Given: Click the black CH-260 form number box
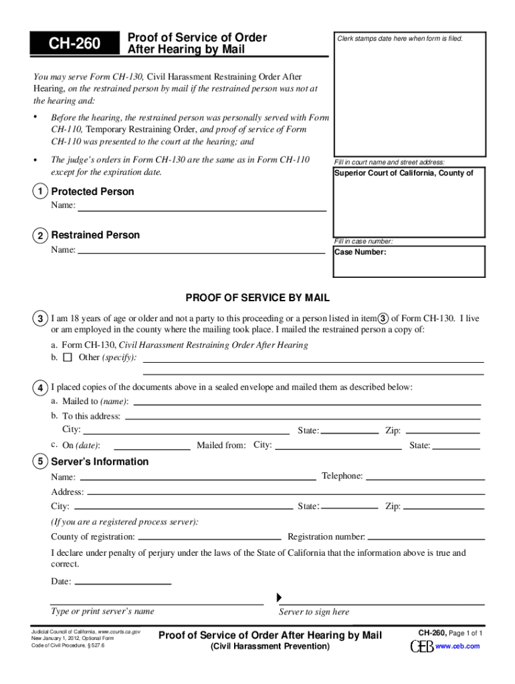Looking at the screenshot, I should coord(74,44).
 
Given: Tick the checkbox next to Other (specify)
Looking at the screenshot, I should coord(68,357).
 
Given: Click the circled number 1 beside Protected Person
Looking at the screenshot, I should coord(41,192).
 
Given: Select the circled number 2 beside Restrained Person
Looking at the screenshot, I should coord(41,236).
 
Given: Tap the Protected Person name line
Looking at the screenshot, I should coord(202,207).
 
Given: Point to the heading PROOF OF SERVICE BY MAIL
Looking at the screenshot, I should coord(257,298).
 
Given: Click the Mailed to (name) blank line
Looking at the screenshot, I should coord(308,401).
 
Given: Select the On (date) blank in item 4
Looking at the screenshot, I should coord(152,445).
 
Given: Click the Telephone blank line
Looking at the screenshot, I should coord(425,476).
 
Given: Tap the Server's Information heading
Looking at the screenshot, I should coord(100,462).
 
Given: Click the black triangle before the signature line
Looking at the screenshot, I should coord(280,596).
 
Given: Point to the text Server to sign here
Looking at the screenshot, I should coord(314,612).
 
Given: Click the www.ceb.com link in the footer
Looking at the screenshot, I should coord(457,647).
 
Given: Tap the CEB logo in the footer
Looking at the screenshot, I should coord(421,647).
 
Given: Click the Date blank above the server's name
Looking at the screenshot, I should coord(123,581).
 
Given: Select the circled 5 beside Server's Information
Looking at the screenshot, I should coord(41,462).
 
